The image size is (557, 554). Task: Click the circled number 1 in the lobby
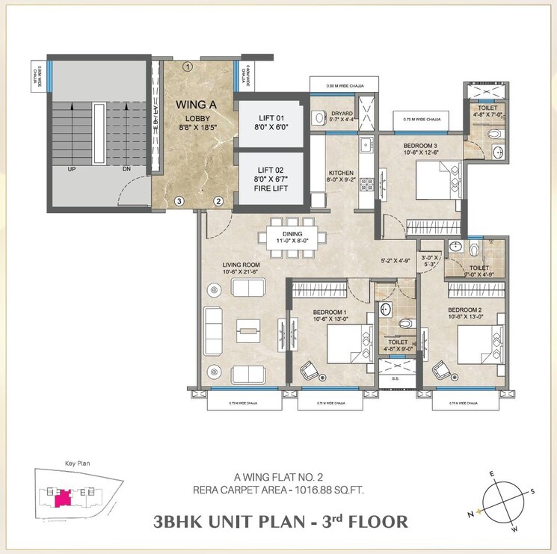(188, 67)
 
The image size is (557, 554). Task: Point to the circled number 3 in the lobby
(179, 201)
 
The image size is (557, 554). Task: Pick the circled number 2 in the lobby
(218, 201)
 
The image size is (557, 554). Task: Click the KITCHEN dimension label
(341, 176)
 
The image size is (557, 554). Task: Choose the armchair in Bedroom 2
(442, 369)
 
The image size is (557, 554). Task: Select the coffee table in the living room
(247, 329)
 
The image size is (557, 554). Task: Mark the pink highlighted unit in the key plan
(65, 495)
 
